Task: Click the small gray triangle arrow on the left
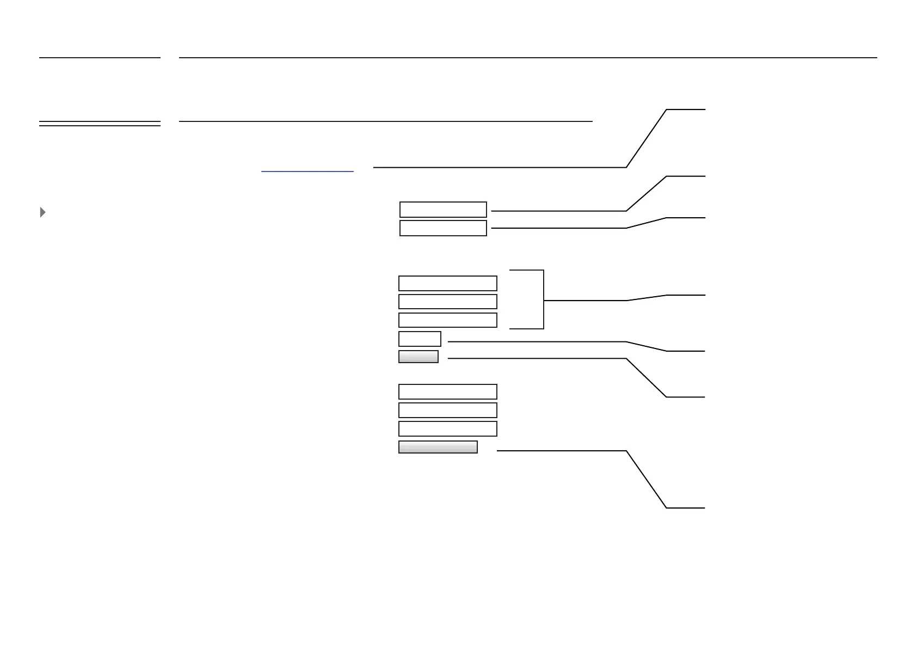pos(43,212)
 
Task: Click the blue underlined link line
pos(307,172)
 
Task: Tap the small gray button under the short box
pos(418,357)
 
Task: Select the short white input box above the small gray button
pos(420,339)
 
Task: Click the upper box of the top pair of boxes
pos(443,210)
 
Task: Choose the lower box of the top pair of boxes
pos(443,228)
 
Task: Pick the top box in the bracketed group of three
pos(447,283)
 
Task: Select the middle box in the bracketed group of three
pos(447,302)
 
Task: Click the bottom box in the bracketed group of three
pos(447,320)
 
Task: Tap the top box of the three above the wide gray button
pos(447,391)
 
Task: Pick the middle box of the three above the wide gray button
pos(447,410)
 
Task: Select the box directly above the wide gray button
pos(447,428)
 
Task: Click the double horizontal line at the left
pos(100,124)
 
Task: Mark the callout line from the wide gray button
pos(561,451)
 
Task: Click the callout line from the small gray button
pos(536,358)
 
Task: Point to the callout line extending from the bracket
pos(585,300)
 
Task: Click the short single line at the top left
pos(100,57)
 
